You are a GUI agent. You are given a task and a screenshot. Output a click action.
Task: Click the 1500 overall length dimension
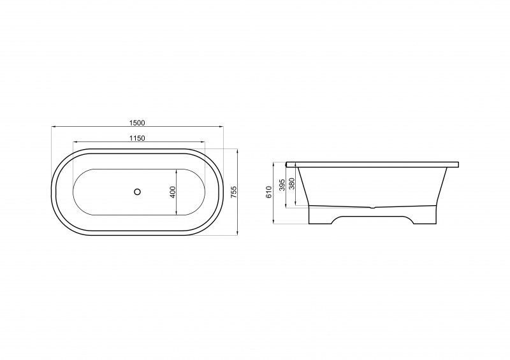point(136,123)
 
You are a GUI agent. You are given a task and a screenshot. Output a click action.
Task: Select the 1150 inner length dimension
point(137,138)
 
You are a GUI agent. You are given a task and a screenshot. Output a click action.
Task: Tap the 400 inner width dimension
point(173,192)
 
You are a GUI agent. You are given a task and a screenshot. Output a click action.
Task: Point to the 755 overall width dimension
point(234,192)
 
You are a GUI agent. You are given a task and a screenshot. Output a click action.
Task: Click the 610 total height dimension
point(268,192)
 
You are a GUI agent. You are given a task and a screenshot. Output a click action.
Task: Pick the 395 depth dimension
point(282,184)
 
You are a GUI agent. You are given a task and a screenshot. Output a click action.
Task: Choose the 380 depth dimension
point(292,184)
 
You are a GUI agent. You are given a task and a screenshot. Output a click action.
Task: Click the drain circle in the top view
point(137,192)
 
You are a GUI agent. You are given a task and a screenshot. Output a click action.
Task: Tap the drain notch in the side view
point(373,207)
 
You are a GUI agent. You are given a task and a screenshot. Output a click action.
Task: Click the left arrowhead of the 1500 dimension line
point(54,126)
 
